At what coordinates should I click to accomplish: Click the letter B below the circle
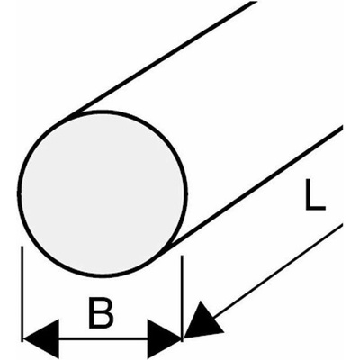click(101, 312)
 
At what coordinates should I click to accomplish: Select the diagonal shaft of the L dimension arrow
click(277, 272)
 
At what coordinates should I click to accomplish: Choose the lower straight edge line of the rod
click(255, 188)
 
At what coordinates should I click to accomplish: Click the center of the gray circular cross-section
click(102, 193)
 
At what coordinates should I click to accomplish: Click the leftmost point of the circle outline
click(19, 193)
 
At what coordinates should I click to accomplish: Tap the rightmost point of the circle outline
click(186, 193)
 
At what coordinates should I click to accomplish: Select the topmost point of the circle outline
click(103, 112)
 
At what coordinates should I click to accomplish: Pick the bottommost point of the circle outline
click(103, 275)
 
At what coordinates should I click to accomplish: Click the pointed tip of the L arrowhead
click(184, 338)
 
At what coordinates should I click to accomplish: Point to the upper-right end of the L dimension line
click(341, 224)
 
